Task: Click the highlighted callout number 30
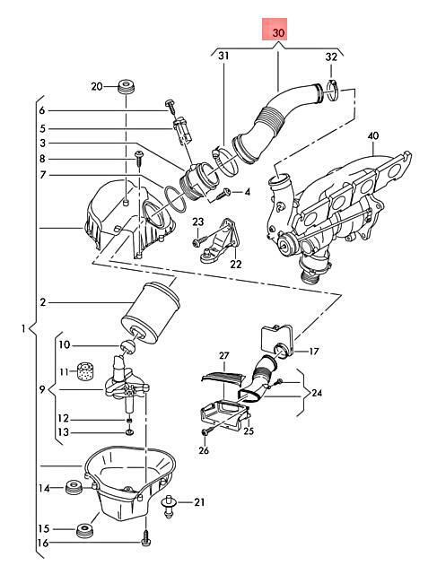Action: click(x=278, y=32)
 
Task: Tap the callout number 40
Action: click(x=372, y=135)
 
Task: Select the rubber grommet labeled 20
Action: click(x=126, y=87)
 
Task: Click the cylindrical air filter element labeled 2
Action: click(x=151, y=313)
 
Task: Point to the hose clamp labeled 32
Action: click(x=334, y=91)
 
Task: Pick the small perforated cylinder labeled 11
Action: click(x=85, y=370)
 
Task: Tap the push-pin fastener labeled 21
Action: click(x=169, y=507)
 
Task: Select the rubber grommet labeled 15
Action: click(x=84, y=530)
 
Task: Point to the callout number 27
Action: click(x=224, y=356)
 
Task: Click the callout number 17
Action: click(x=314, y=351)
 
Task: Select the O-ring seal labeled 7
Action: click(x=174, y=200)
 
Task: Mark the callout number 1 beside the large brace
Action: click(x=23, y=328)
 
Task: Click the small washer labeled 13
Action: click(x=129, y=432)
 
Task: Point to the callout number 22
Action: click(x=236, y=265)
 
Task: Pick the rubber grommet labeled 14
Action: click(x=74, y=487)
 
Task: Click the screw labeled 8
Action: click(x=139, y=159)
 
